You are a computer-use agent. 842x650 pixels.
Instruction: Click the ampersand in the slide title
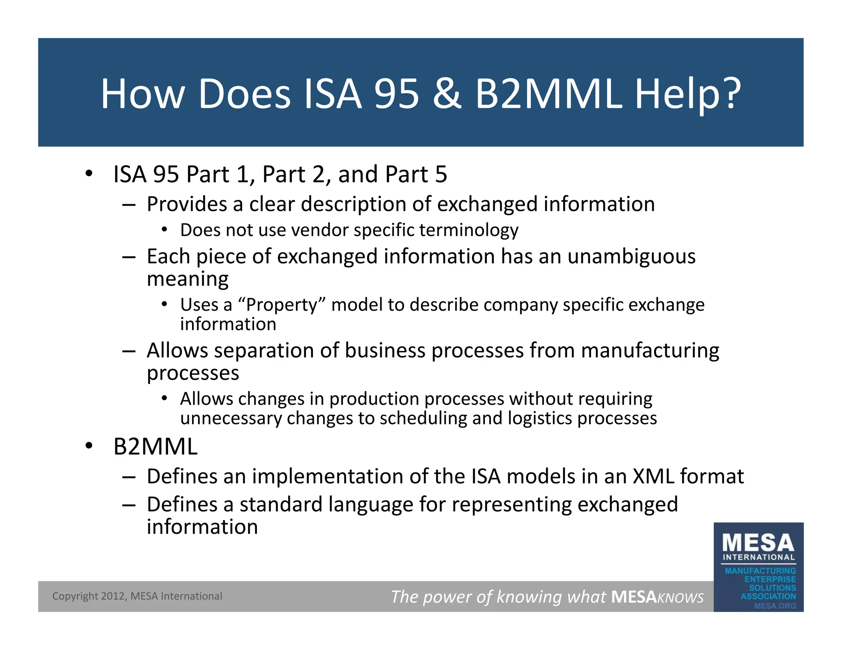pos(446,94)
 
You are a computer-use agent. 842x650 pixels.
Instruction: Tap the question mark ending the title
pos(729,94)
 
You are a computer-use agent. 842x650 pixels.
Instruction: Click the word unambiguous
pos(631,256)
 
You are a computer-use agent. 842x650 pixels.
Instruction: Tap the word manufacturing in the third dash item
pos(650,351)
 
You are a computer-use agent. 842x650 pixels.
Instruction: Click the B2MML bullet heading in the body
pos(155,447)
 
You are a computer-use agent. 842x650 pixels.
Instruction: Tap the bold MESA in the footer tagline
pos(634,597)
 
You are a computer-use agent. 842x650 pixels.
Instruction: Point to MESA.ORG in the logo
pos(775,606)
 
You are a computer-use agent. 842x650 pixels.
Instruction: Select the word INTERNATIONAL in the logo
pos(759,558)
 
